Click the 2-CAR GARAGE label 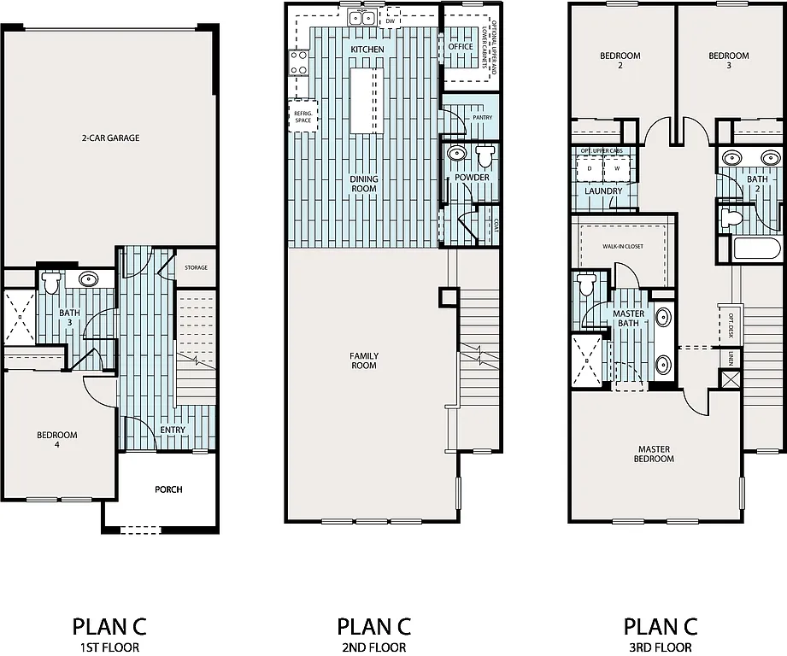pyautogui.click(x=110, y=138)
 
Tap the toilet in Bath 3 pyautogui.click(x=51, y=281)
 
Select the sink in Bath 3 pyautogui.click(x=89, y=279)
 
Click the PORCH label pyautogui.click(x=168, y=489)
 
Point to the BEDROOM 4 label pyautogui.click(x=56, y=441)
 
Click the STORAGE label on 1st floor pyautogui.click(x=196, y=268)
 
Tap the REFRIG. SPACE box pyautogui.click(x=302, y=116)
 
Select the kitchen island pyautogui.click(x=365, y=100)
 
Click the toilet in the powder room pyautogui.click(x=485, y=155)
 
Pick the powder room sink pyautogui.click(x=457, y=155)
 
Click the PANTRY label pyautogui.click(x=482, y=117)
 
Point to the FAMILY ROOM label pyautogui.click(x=364, y=361)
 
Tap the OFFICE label pyautogui.click(x=461, y=47)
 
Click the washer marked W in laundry pyautogui.click(x=616, y=169)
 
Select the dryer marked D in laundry pyautogui.click(x=590, y=169)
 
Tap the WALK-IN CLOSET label pyautogui.click(x=622, y=246)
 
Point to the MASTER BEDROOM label pyautogui.click(x=655, y=454)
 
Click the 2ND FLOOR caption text pyautogui.click(x=374, y=647)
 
